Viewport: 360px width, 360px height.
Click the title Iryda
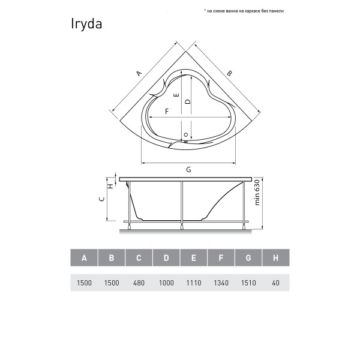click(86, 24)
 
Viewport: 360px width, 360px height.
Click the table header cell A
click(84, 258)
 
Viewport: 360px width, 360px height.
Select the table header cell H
click(276, 258)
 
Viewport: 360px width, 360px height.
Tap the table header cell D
click(166, 258)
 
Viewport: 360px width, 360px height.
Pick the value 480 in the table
click(139, 283)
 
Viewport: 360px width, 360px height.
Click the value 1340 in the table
click(221, 283)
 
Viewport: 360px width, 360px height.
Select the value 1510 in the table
click(248, 283)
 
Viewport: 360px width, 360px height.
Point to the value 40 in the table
click(275, 283)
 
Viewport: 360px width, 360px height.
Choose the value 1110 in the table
click(194, 283)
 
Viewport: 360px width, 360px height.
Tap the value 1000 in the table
click(166, 283)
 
